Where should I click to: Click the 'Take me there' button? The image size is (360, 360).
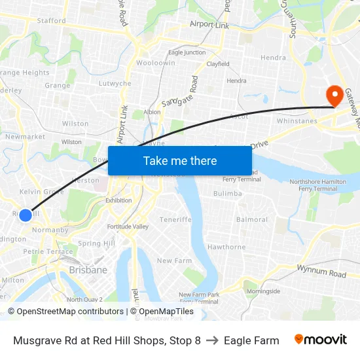pyautogui.click(x=180, y=160)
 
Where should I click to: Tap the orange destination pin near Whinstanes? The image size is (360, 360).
pyautogui.click(x=334, y=96)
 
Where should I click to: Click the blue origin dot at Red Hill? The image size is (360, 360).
pyautogui.click(x=25, y=215)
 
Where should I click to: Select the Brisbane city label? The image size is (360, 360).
pyautogui.click(x=88, y=270)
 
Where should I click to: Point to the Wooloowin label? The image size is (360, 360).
pyautogui.click(x=155, y=63)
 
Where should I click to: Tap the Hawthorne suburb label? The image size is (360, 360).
pyautogui.click(x=226, y=247)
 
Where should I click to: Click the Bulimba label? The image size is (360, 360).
pyautogui.click(x=227, y=194)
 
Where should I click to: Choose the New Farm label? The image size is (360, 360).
pyautogui.click(x=174, y=261)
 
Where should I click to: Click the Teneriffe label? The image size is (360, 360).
pyautogui.click(x=175, y=219)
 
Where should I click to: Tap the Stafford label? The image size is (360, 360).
pyautogui.click(x=52, y=21)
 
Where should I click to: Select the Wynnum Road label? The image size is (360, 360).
pyautogui.click(x=321, y=270)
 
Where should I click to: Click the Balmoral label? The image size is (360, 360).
pyautogui.click(x=252, y=219)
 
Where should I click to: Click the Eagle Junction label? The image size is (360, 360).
pyautogui.click(x=187, y=52)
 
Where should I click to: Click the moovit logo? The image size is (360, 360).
pyautogui.click(x=320, y=340)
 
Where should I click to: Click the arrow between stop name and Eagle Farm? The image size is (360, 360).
pyautogui.click(x=212, y=340)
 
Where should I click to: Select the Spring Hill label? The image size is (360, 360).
pyautogui.click(x=96, y=243)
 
